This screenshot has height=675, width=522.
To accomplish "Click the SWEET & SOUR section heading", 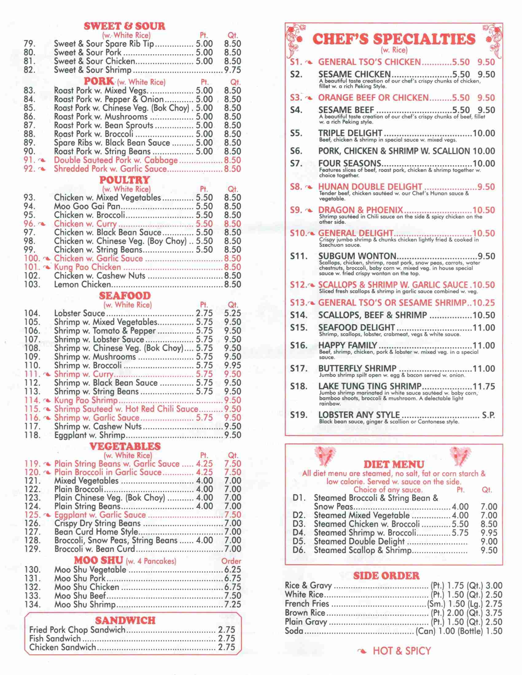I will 124,26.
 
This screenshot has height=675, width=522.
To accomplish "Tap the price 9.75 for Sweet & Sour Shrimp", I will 232,70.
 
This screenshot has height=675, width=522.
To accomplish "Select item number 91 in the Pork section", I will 30,160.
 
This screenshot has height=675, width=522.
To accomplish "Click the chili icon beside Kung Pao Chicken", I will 47,267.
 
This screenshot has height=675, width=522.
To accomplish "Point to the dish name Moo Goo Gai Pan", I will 87,206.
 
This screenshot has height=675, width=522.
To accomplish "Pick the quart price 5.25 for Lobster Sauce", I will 232,314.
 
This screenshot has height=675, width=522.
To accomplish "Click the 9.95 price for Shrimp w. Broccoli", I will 232,365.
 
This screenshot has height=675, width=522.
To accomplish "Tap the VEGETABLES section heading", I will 125,446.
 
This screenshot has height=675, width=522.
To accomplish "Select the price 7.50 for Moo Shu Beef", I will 232,595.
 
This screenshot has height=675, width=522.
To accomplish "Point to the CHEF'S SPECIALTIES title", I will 394,39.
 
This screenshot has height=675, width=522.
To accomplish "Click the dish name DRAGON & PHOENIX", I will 360,210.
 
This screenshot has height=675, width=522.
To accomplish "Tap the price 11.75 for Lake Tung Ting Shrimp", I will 484,386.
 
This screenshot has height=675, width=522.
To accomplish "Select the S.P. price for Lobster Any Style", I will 488,415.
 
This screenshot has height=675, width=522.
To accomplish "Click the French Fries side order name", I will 307,604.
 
